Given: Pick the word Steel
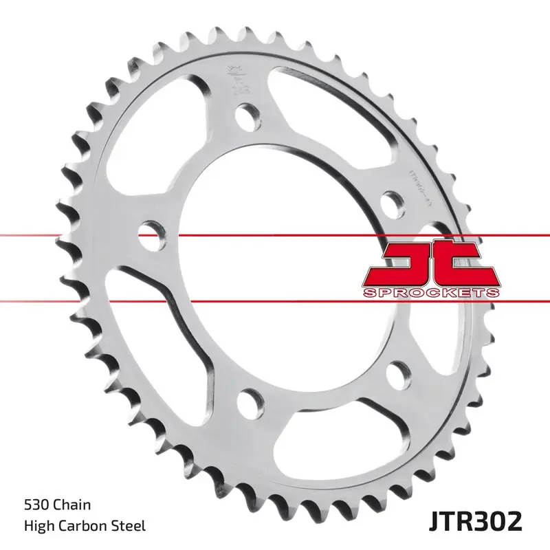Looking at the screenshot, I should (x=129, y=526).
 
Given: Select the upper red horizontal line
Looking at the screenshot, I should (x=69, y=236).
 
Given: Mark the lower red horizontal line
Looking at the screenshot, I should (x=69, y=301).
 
